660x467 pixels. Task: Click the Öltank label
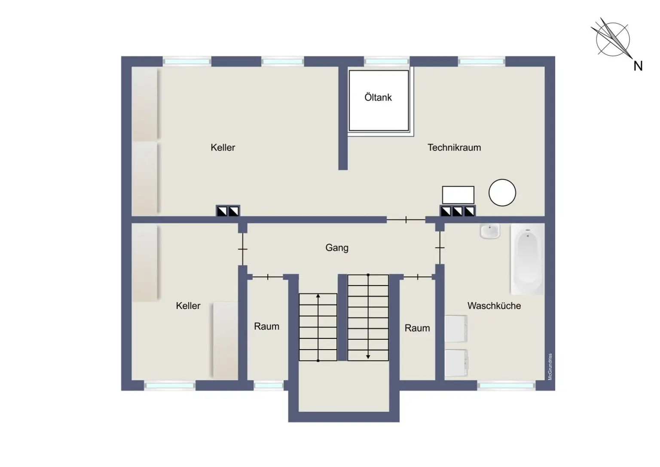pyautogui.click(x=378, y=97)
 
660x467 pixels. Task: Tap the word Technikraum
pyautogui.click(x=454, y=147)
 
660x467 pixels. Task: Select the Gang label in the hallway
pyautogui.click(x=337, y=248)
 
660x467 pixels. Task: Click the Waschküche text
pyautogui.click(x=494, y=306)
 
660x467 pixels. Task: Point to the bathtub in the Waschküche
pyautogui.click(x=527, y=259)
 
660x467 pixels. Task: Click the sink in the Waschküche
pyautogui.click(x=490, y=231)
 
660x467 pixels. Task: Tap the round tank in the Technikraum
pyautogui.click(x=502, y=193)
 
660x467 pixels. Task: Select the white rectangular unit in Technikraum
pyautogui.click(x=458, y=195)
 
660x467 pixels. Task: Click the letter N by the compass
pyautogui.click(x=638, y=66)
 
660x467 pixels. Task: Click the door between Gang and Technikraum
pyautogui.click(x=406, y=220)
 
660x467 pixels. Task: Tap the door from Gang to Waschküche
pyautogui.click(x=440, y=248)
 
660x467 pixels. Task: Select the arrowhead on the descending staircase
pyautogui.click(x=368, y=357)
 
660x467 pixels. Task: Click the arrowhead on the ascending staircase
pyautogui.click(x=318, y=296)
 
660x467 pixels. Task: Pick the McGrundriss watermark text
pyautogui.click(x=550, y=366)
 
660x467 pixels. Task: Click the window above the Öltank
pyautogui.click(x=387, y=61)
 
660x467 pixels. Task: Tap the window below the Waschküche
pyautogui.click(x=506, y=385)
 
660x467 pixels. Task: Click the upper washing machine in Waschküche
pyautogui.click(x=456, y=329)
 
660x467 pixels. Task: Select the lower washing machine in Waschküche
pyautogui.click(x=456, y=363)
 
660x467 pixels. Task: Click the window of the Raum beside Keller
pyautogui.click(x=268, y=385)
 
